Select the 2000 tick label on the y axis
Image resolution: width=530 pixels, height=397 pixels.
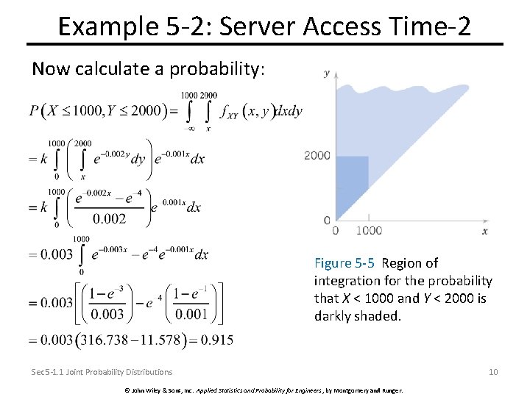(317, 155)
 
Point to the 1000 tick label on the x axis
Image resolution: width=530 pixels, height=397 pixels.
(369, 231)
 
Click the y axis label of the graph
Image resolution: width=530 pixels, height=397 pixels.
(327, 73)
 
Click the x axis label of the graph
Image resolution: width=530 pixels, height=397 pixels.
(485, 231)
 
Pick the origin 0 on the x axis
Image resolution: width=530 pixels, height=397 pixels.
(336, 231)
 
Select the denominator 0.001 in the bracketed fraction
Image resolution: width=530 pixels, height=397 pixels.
(191, 314)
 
